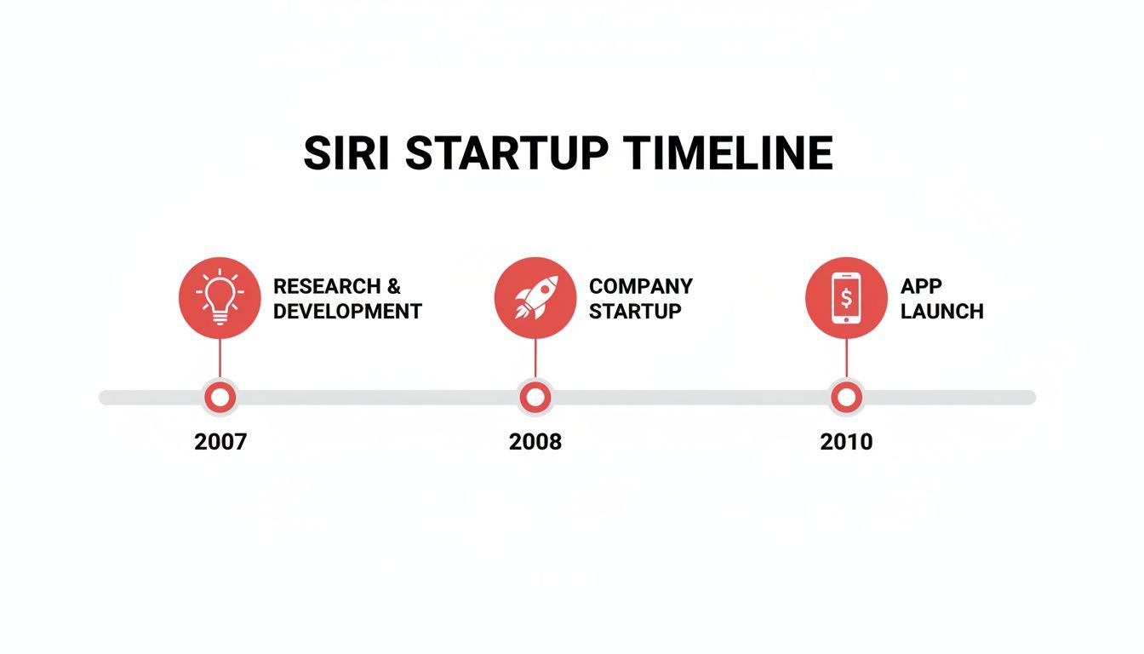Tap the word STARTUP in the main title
click(x=506, y=154)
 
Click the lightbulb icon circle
click(x=220, y=297)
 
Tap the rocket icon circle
click(x=535, y=297)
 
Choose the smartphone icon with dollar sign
click(x=846, y=297)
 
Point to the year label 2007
click(x=220, y=442)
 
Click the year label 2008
click(x=535, y=442)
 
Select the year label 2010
click(x=846, y=442)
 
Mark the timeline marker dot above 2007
click(x=220, y=397)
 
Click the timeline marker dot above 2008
click(x=535, y=397)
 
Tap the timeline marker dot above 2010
click(x=846, y=397)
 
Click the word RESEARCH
click(x=327, y=286)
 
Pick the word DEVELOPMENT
click(x=347, y=312)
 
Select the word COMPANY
click(x=641, y=286)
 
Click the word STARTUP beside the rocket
click(x=635, y=312)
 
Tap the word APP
click(x=921, y=286)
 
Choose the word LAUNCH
click(x=941, y=312)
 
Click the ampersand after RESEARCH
click(x=393, y=286)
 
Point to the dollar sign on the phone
click(x=846, y=297)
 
